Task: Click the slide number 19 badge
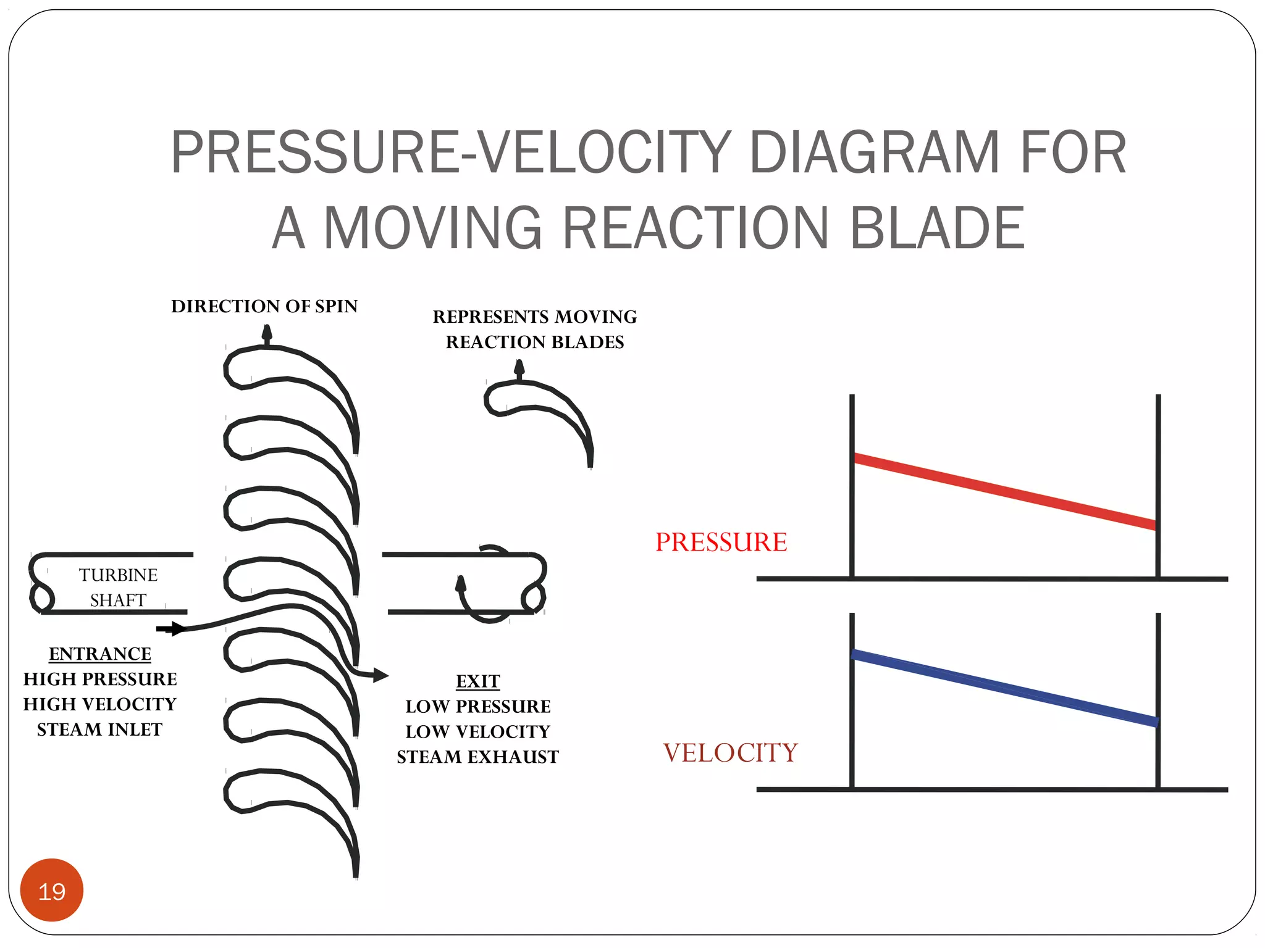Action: point(52,890)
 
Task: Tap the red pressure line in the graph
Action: point(1005,492)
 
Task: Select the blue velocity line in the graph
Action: point(1005,688)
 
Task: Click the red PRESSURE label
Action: point(721,542)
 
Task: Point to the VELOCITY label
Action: point(731,753)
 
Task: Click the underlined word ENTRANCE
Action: point(100,654)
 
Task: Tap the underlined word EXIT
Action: point(478,681)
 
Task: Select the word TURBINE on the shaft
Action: point(119,575)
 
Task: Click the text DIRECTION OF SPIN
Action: point(264,306)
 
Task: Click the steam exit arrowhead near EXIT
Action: point(380,676)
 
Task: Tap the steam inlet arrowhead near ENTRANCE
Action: point(177,629)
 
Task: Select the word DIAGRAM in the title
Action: point(875,152)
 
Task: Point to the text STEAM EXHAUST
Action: point(478,757)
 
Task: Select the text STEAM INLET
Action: point(99,730)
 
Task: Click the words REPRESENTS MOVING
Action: point(535,317)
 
